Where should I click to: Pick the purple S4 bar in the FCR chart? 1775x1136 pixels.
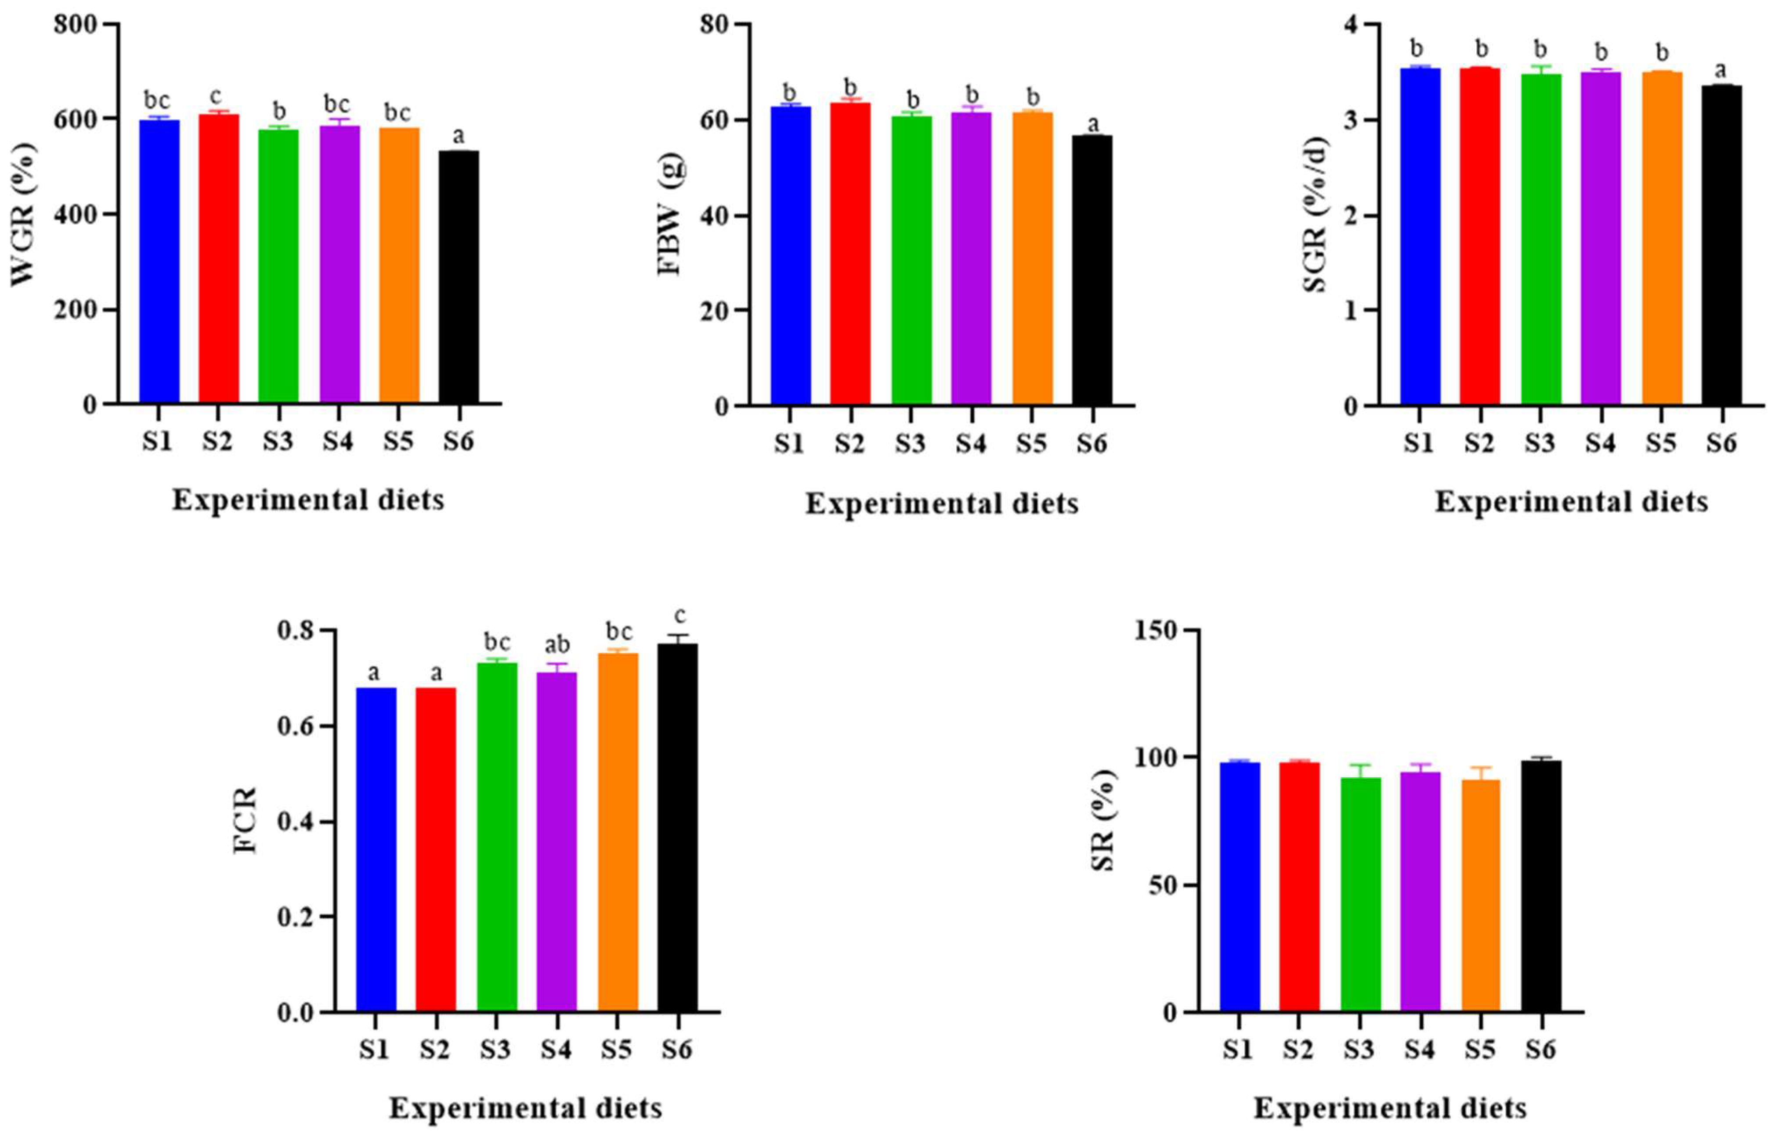click(x=557, y=841)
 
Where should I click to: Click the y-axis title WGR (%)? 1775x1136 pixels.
click(x=24, y=214)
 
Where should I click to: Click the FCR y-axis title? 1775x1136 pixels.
click(x=246, y=820)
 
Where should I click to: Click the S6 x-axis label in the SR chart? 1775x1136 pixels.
click(x=1540, y=1049)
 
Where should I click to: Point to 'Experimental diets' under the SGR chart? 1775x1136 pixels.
click(x=1571, y=502)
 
